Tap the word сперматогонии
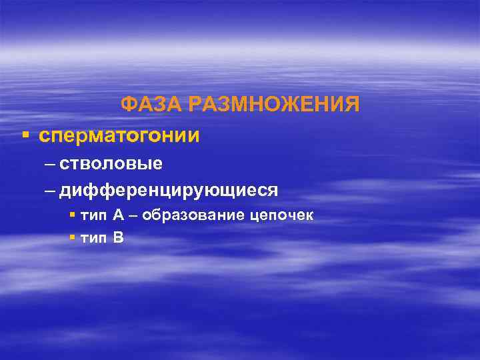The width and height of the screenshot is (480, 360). (x=119, y=135)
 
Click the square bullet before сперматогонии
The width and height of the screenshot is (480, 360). (x=25, y=135)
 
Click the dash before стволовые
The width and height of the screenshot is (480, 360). (x=51, y=163)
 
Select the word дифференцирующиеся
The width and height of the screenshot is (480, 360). (x=169, y=191)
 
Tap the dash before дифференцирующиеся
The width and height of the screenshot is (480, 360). (x=51, y=191)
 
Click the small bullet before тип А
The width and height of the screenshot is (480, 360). (x=72, y=216)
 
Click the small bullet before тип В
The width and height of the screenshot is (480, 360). (x=72, y=237)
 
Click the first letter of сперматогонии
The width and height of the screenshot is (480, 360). (x=44, y=136)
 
